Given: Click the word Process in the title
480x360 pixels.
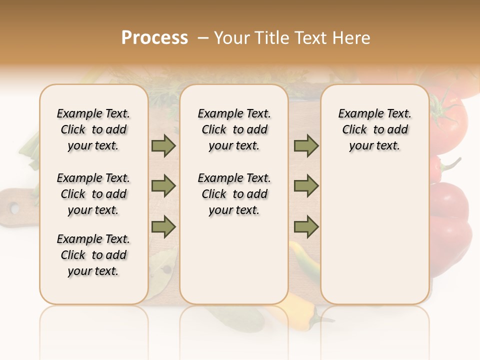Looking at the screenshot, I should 154,38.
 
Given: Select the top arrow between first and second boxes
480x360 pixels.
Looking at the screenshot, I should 163,146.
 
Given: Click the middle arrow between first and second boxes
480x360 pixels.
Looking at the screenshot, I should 163,186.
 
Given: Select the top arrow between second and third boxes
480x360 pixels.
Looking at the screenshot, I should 306,146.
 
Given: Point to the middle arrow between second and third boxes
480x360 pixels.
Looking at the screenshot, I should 306,186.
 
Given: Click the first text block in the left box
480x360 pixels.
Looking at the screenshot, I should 93,129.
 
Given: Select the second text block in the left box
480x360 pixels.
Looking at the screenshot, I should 93,194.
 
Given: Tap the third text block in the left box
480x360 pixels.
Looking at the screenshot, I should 93,255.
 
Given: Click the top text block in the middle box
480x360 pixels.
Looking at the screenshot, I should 234,129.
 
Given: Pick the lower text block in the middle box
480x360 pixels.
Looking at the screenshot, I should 234,194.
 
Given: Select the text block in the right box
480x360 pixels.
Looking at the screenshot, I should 374,129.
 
